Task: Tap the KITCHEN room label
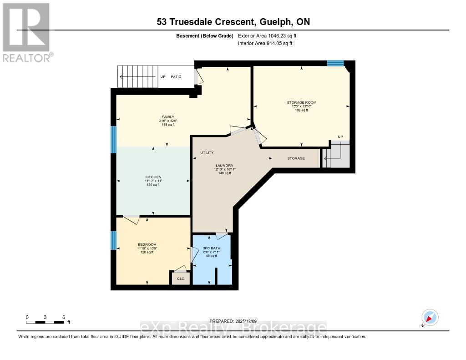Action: click(x=153, y=177)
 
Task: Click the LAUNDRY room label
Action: click(x=224, y=165)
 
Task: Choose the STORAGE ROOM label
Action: click(x=301, y=102)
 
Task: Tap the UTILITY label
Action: click(x=207, y=152)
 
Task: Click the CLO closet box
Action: click(x=180, y=279)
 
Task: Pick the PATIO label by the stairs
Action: click(x=176, y=76)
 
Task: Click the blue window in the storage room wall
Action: click(x=335, y=63)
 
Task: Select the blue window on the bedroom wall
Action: click(x=113, y=240)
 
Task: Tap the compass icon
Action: click(x=430, y=317)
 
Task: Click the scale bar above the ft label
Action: click(x=46, y=322)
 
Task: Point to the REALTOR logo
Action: click(x=26, y=32)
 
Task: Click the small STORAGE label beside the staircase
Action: click(x=296, y=158)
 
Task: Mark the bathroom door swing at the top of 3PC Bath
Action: click(x=221, y=236)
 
